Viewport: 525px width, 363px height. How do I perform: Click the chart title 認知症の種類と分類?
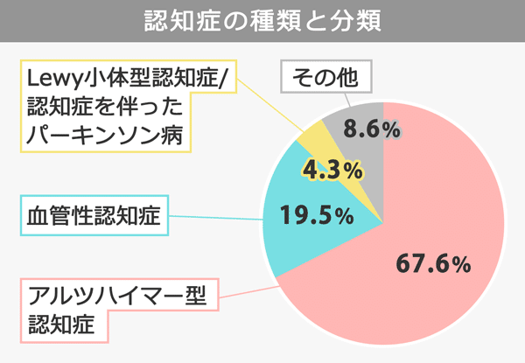262,20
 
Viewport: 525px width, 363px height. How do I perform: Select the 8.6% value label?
372,129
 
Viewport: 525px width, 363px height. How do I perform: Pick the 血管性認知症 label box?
94,217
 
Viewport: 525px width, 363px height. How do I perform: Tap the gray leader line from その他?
329,103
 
